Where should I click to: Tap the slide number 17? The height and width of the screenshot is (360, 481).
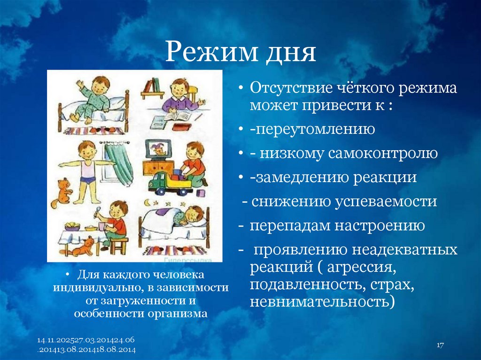[440, 345]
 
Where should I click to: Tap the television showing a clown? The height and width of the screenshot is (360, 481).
[158, 150]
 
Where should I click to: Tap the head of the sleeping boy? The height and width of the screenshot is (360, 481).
[193, 216]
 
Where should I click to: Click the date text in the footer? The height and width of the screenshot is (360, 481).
[86, 345]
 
